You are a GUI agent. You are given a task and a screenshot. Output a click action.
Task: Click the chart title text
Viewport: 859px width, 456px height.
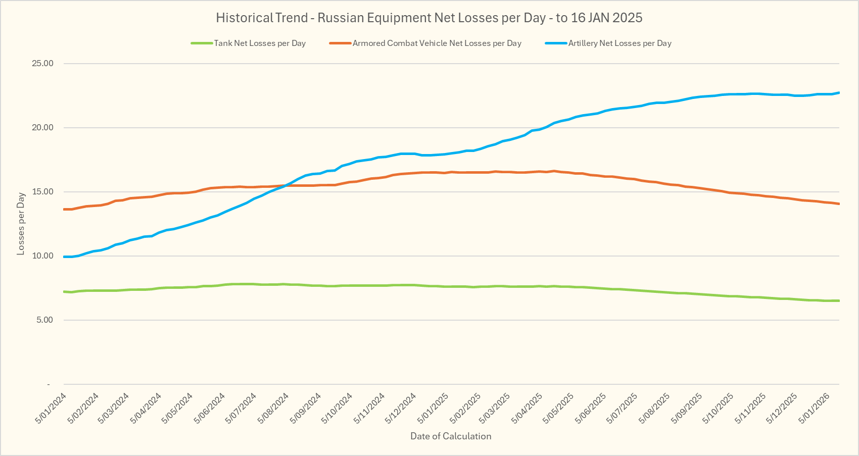pyautogui.click(x=429, y=18)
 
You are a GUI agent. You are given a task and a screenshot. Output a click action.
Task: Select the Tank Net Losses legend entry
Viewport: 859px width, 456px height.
pyautogui.click(x=259, y=43)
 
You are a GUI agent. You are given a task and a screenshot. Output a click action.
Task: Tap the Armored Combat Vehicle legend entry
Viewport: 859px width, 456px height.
pyautogui.click(x=437, y=43)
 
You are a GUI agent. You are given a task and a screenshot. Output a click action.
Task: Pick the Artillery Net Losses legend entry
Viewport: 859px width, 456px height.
pyautogui.click(x=619, y=43)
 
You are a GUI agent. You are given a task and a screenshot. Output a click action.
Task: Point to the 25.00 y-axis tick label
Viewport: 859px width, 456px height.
pyautogui.click(x=42, y=64)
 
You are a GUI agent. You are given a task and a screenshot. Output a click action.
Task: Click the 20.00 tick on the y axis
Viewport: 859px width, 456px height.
pyautogui.click(x=42, y=128)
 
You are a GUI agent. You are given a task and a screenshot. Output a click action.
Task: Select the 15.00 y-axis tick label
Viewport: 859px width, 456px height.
pyautogui.click(x=42, y=192)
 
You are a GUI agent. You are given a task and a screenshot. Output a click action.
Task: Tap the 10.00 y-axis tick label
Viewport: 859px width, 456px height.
pyautogui.click(x=42, y=256)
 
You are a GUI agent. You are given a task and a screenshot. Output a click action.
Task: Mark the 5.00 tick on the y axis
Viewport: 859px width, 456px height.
pyautogui.click(x=44, y=320)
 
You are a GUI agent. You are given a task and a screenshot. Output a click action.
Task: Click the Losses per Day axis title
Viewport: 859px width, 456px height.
pyautogui.click(x=21, y=224)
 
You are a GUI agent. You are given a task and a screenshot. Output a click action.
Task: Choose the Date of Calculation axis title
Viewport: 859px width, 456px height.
pyautogui.click(x=450, y=436)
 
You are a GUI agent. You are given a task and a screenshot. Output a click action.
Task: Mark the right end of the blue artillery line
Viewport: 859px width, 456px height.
pyautogui.click(x=839, y=93)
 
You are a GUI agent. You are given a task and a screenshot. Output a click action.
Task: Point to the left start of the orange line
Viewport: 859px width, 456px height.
pyautogui.click(x=64, y=209)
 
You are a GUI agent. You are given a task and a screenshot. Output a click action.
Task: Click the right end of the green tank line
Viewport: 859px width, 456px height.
pyautogui.click(x=839, y=301)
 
